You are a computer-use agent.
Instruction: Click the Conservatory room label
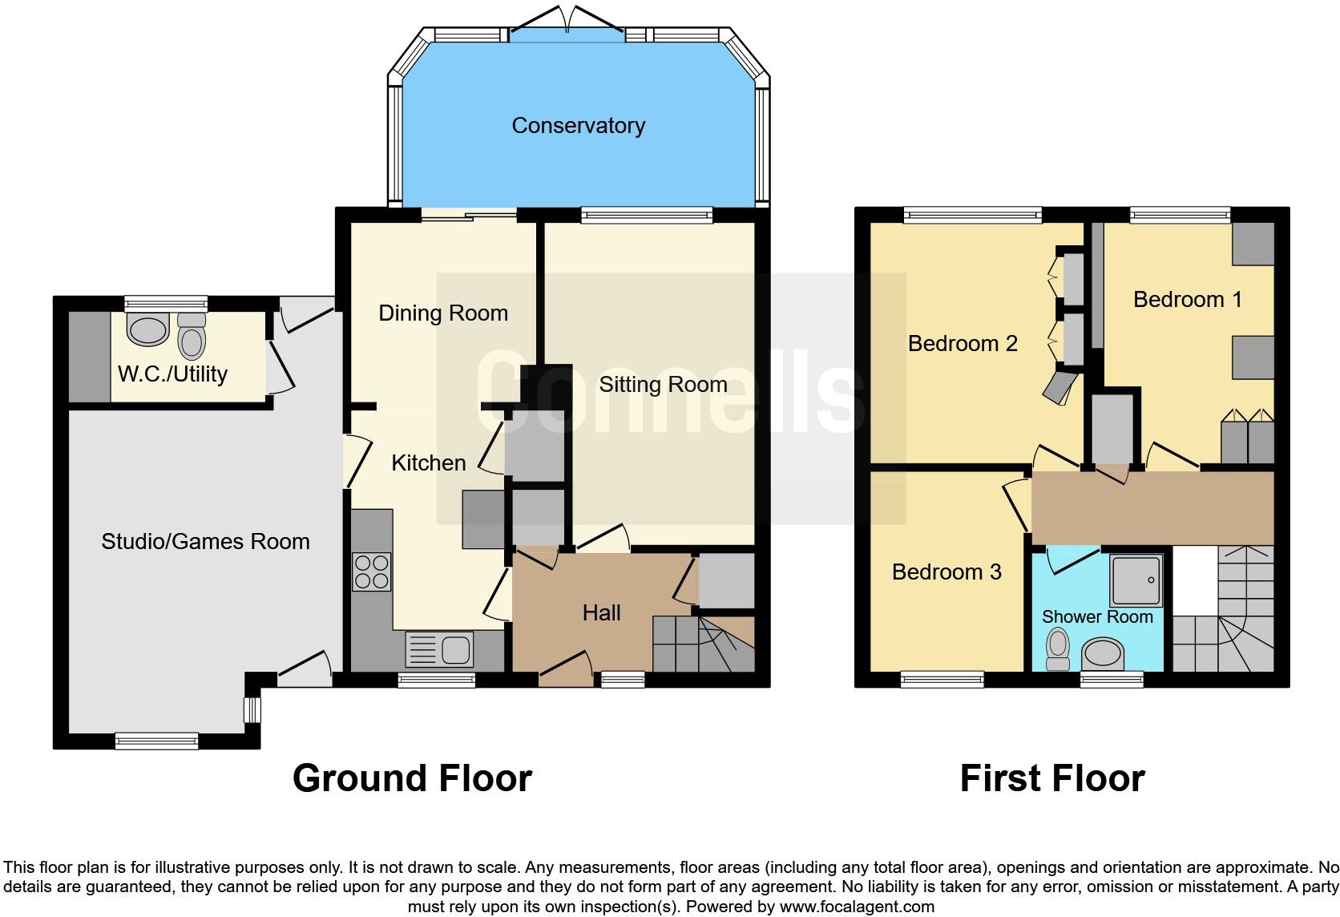coord(578,126)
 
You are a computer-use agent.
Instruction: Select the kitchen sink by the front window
coord(440,649)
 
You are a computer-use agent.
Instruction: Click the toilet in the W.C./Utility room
coord(192,337)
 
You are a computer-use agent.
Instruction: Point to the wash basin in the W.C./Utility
coord(148,329)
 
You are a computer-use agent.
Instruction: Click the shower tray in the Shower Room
coord(1136,580)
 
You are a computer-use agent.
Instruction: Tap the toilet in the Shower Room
coord(1059,648)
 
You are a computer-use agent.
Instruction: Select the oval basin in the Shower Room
coord(1104,654)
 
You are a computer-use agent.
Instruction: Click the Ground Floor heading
coord(412,778)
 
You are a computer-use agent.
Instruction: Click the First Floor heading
coord(1051,778)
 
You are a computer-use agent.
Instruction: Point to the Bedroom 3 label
coord(946,572)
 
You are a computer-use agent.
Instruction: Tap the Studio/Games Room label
coord(205,542)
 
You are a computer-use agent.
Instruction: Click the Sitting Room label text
coord(663,385)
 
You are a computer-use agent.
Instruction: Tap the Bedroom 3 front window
coord(942,680)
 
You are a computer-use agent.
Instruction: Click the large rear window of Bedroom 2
coord(973,214)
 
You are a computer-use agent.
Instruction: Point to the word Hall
coord(601,613)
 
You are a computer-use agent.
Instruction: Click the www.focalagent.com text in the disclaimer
coord(857,907)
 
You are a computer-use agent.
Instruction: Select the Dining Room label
coord(443,313)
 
